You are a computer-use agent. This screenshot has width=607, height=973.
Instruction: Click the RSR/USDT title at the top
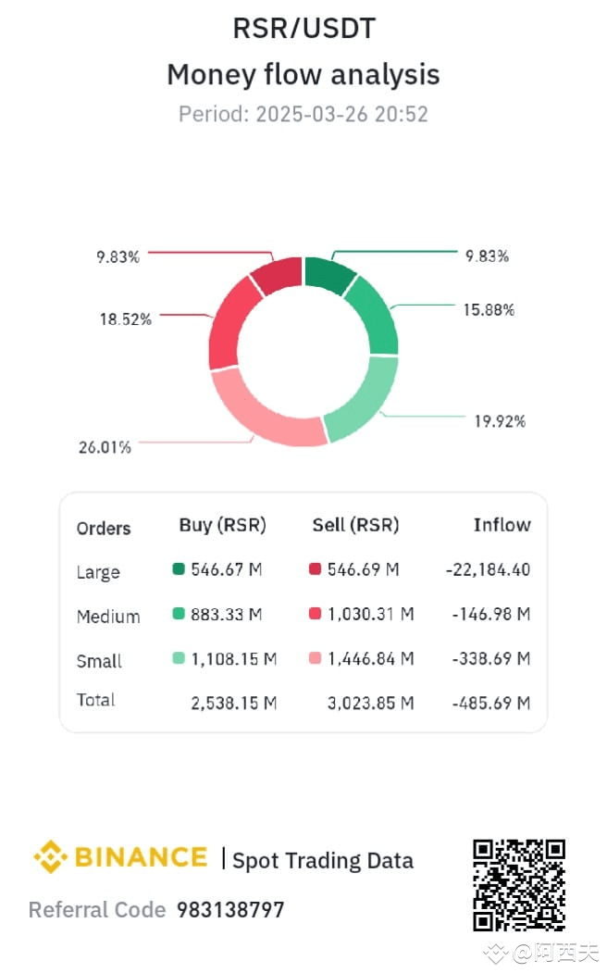point(303,29)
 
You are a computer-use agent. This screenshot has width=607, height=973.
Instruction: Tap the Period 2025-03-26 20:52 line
point(303,115)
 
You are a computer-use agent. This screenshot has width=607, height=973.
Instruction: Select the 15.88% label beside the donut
point(489,310)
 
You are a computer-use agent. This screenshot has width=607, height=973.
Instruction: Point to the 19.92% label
point(500,421)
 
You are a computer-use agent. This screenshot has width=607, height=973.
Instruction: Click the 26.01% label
point(105,447)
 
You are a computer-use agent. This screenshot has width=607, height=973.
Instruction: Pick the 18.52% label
point(126,319)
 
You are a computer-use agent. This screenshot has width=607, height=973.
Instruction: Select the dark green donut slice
point(329,275)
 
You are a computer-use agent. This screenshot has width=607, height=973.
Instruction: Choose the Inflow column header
point(502,525)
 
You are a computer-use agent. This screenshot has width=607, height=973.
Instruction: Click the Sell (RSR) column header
point(355,525)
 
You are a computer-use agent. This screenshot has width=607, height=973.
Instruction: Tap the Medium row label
point(108,617)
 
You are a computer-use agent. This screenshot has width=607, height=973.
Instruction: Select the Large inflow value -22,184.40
point(488,569)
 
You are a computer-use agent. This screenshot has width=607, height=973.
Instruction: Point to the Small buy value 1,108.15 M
point(233,658)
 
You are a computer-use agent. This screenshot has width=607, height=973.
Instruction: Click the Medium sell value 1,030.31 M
point(370,614)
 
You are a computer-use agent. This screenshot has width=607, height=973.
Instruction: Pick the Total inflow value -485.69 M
point(490,703)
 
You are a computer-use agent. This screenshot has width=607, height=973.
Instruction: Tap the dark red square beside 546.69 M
point(315,569)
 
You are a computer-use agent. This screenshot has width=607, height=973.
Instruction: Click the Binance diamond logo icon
point(50,857)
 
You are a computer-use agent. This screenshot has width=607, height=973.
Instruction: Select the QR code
point(518,885)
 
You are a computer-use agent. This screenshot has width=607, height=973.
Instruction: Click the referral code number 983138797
point(230,910)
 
